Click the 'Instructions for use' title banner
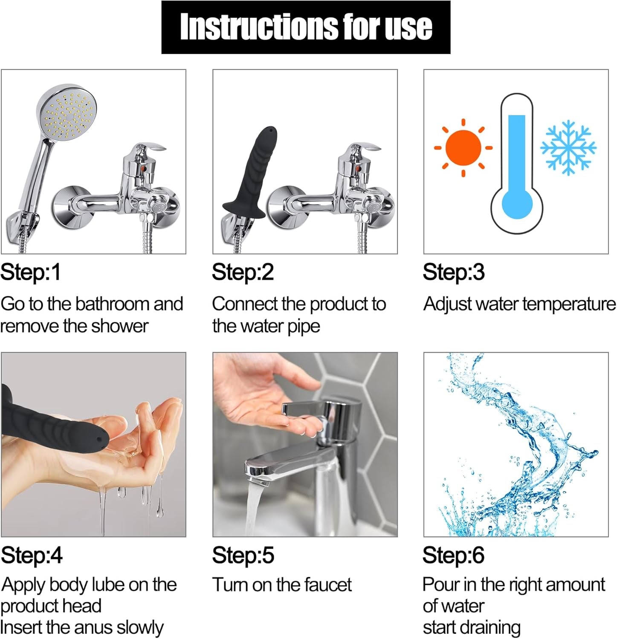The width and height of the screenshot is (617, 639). click(x=306, y=27)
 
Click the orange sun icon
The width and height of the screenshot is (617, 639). click(x=463, y=147)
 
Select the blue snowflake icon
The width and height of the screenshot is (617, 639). click(x=568, y=147)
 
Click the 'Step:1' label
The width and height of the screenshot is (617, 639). click(x=31, y=273)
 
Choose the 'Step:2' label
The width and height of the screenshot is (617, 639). click(x=243, y=273)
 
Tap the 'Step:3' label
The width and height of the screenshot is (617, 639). click(x=454, y=273)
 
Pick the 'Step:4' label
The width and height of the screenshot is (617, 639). click(x=32, y=556)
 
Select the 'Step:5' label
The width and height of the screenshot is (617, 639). click(x=243, y=556)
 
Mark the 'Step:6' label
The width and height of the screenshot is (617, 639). click(x=454, y=556)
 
